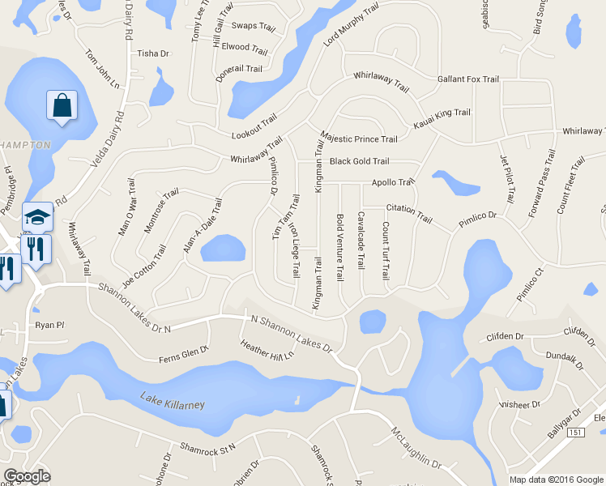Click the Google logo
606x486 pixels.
[27, 476]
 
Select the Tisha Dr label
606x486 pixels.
[153, 54]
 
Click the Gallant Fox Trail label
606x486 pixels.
[467, 79]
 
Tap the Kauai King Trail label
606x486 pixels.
[442, 118]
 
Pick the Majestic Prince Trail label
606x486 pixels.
[359, 139]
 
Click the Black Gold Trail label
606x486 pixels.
[359, 161]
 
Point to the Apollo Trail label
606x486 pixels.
[393, 182]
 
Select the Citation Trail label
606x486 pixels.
[409, 214]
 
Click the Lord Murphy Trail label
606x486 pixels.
[352, 24]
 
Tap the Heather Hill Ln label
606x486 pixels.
[267, 351]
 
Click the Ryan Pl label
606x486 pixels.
[49, 325]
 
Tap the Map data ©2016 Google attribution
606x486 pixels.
[556, 479]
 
